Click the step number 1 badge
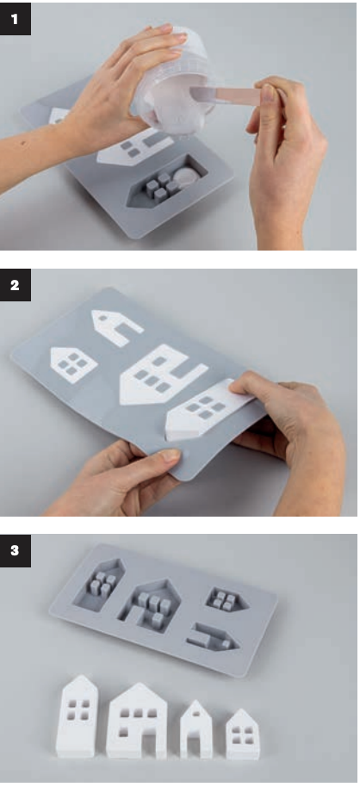(15, 19)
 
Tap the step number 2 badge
(15, 285)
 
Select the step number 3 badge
(15, 550)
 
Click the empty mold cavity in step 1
(167, 181)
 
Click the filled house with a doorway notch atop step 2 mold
(116, 326)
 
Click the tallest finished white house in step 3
(78, 716)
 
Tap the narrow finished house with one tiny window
(196, 728)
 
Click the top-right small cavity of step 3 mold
(227, 598)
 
